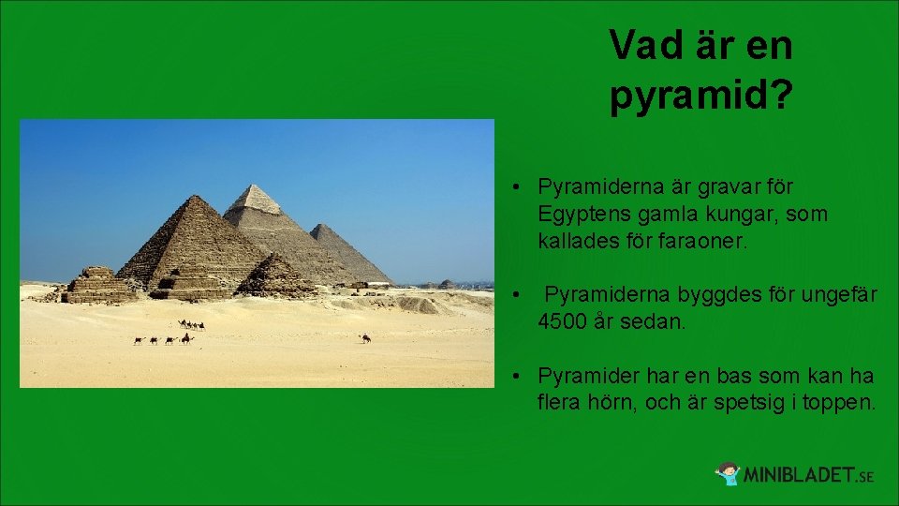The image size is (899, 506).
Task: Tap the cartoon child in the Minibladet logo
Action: [x=728, y=473]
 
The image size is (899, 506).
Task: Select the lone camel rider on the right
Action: [x=366, y=337]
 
